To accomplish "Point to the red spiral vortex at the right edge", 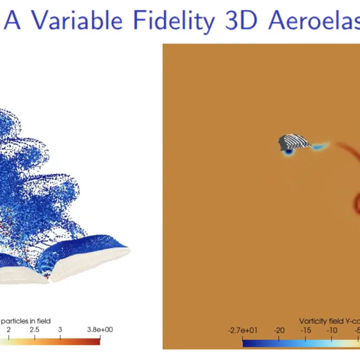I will tap(355, 203).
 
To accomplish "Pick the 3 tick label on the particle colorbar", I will tap(59, 329).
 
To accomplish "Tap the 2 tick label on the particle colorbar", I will tap(8, 329).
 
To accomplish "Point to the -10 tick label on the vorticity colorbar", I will tap(331, 330).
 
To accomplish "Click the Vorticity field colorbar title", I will tap(329, 320).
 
